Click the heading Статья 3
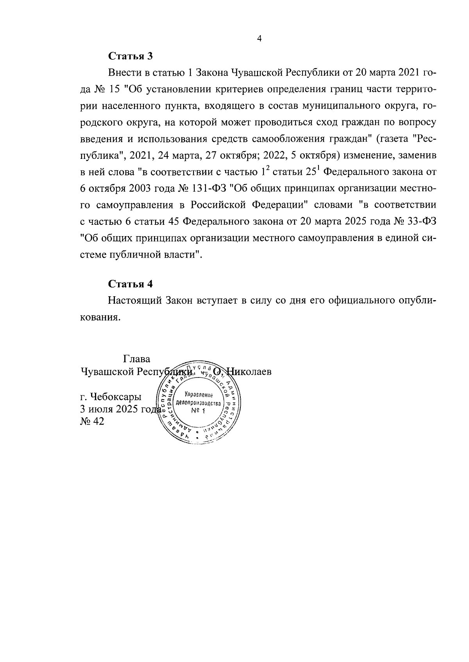tap(130, 56)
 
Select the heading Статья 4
tap(130, 284)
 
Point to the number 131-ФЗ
tap(210, 188)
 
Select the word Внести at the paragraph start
tap(124, 73)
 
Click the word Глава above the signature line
tap(137, 359)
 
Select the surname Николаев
tap(248, 372)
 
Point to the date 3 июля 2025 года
tap(120, 409)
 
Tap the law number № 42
tap(92, 422)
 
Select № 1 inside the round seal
tap(198, 411)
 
